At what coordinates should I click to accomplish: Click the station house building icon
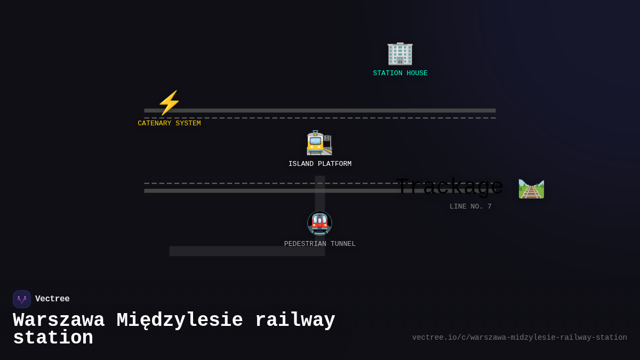coord(400,53)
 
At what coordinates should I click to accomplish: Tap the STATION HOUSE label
coord(400,74)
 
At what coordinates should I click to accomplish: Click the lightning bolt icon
coord(169,102)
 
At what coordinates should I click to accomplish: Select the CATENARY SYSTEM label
coord(169,124)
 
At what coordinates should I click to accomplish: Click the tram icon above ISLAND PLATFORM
coord(319,143)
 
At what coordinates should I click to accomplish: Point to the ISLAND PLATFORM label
coord(320,164)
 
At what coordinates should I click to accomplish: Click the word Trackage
coord(450,187)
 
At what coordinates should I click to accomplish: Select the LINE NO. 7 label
coord(470,207)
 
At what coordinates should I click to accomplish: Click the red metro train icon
coord(319,223)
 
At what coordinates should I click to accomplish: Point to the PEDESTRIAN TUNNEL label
coord(320,244)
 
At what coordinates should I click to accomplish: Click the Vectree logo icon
coord(22,299)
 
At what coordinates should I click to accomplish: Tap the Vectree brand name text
coord(52,299)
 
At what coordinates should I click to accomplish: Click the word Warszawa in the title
coord(59,321)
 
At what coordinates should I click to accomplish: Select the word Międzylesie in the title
coord(180,321)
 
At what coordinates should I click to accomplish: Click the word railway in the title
coord(295,321)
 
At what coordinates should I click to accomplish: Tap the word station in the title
coord(53,338)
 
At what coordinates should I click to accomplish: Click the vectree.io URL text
coord(519,338)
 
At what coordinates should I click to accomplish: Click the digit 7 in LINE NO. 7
coord(490,207)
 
